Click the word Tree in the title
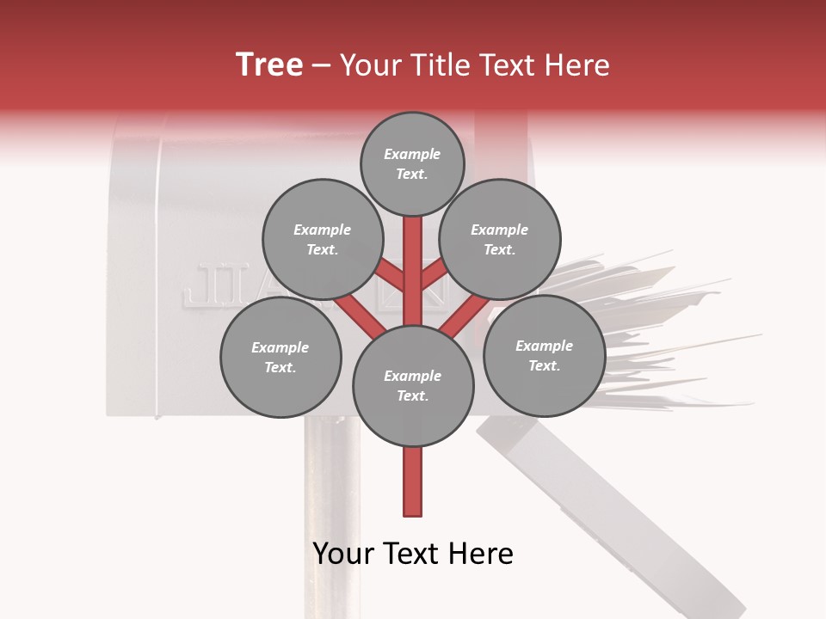click(x=269, y=65)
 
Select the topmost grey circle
click(x=412, y=164)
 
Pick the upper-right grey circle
click(x=500, y=240)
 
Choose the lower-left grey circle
click(x=280, y=358)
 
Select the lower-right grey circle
click(x=544, y=356)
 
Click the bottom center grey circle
click(x=413, y=386)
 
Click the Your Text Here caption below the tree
click(x=413, y=554)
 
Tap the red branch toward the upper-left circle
click(x=389, y=275)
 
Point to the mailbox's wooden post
click(x=330, y=516)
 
